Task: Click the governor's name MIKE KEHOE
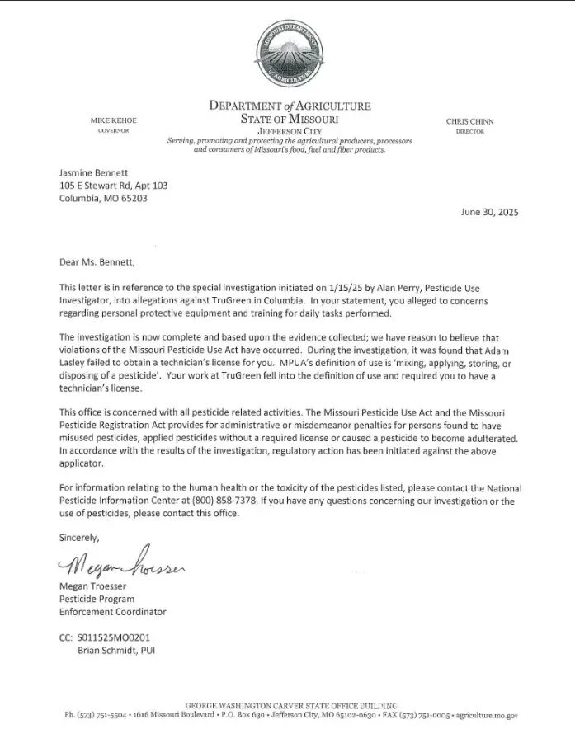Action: tap(113, 121)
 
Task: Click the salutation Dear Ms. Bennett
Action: tap(96, 263)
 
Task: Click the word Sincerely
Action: tap(79, 537)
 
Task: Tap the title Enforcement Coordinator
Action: tap(113, 612)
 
